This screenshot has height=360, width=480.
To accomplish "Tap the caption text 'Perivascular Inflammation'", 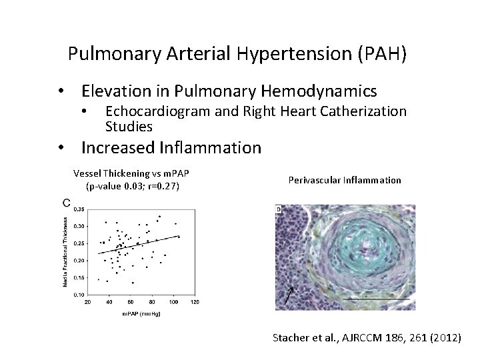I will (x=345, y=180).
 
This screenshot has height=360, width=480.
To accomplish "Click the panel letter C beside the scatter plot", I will (x=67, y=203).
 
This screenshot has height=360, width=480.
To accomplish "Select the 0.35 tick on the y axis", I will (x=79, y=209).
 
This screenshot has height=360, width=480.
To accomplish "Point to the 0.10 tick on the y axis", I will (x=79, y=295).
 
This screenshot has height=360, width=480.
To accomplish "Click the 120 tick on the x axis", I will (x=195, y=303).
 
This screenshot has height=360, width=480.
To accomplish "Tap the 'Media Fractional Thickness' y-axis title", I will (x=65, y=251).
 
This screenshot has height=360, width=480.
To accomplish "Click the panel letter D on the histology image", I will (x=279, y=210).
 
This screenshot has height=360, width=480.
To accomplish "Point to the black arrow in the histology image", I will (x=288, y=295).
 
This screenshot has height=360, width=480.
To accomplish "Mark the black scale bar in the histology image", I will (x=381, y=301).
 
